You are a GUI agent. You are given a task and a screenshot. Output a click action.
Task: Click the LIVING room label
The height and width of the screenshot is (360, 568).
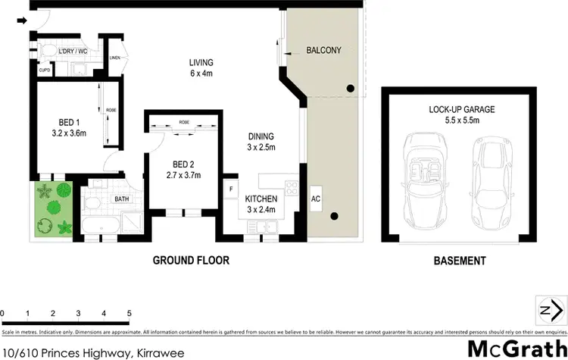201,62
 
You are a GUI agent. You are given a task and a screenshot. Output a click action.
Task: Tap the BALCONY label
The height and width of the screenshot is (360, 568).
323,51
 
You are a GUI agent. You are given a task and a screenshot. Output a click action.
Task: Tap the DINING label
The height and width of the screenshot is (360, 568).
261,137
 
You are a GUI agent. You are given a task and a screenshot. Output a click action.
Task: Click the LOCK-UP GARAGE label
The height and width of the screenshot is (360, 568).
460,109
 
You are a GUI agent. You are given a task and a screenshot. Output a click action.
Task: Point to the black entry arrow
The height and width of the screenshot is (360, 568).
22,21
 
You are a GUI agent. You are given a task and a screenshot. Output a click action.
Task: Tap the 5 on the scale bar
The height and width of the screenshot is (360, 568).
130,313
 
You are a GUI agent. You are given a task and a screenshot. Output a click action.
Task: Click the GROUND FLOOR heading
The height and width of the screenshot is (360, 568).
191,261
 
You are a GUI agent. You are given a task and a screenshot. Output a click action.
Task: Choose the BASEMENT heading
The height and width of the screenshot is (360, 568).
459,261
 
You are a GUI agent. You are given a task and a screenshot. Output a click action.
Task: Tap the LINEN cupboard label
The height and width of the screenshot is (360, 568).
115,57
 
